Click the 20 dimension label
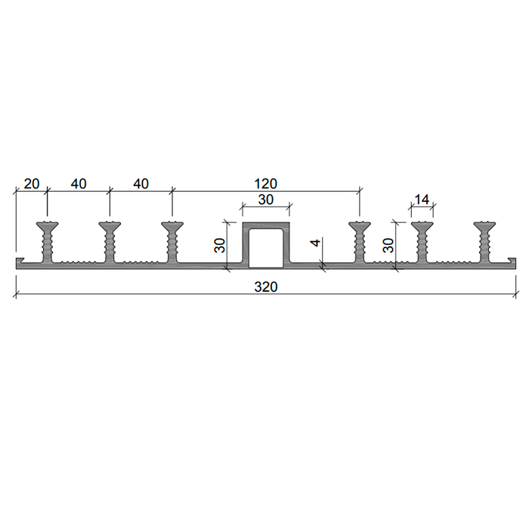32,184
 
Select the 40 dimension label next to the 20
79,184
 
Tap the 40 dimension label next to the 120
141,184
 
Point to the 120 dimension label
265,184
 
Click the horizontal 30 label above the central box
265,200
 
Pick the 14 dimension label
422,200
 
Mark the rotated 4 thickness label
316,243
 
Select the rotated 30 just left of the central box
220,246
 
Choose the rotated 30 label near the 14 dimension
388,246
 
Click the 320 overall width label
265,287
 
